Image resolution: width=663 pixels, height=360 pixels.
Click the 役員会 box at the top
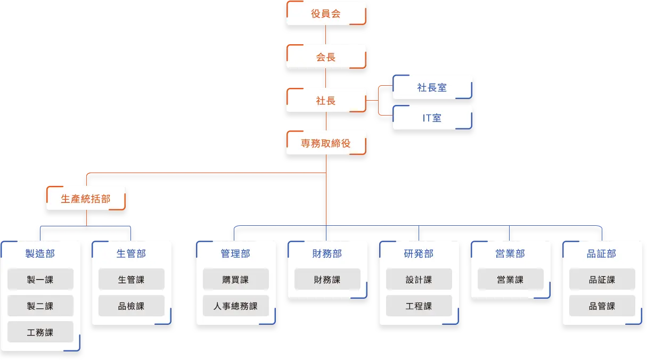pyautogui.click(x=326, y=13)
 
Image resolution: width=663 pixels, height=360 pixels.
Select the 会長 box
pyautogui.click(x=326, y=57)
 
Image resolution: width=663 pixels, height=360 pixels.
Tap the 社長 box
pyautogui.click(x=326, y=101)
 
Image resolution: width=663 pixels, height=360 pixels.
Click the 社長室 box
pyautogui.click(x=432, y=87)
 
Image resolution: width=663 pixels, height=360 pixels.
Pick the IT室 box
pyautogui.click(x=432, y=118)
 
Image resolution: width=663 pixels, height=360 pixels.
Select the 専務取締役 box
pyautogui.click(x=326, y=143)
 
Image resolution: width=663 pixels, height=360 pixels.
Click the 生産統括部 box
pyautogui.click(x=86, y=198)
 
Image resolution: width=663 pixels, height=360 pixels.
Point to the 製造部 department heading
pyautogui.click(x=40, y=253)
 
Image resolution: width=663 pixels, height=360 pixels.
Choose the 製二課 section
pyautogui.click(x=40, y=306)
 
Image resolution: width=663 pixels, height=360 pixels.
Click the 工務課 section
pyautogui.click(x=40, y=333)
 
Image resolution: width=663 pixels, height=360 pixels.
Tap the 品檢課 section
pyautogui.click(x=132, y=306)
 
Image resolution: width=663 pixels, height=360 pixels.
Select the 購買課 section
pyautogui.click(x=235, y=280)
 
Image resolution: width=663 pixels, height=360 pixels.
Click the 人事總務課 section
pyautogui.click(x=235, y=306)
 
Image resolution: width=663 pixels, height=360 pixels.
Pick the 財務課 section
pyautogui.click(x=327, y=280)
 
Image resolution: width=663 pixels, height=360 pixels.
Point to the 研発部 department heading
pyautogui.click(x=419, y=253)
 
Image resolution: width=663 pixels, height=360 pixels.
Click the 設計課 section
pyautogui.click(x=419, y=280)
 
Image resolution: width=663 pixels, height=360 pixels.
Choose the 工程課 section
pyautogui.click(x=419, y=306)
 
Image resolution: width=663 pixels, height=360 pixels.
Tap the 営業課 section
pyautogui.click(x=510, y=280)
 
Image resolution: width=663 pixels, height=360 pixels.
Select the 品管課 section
pyautogui.click(x=602, y=306)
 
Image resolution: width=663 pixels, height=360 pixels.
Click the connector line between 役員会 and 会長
pyautogui.click(x=326, y=35)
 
